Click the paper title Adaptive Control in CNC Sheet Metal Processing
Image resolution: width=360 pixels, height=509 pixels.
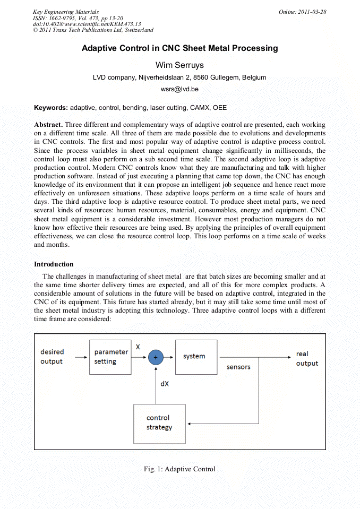click(x=179, y=48)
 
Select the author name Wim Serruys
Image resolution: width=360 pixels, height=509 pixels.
click(x=179, y=65)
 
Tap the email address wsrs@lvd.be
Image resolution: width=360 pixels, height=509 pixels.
click(x=179, y=89)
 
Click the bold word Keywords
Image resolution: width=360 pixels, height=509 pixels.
click(x=50, y=108)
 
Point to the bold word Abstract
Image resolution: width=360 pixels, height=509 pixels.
click(x=48, y=125)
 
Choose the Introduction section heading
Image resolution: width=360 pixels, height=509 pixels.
click(x=54, y=264)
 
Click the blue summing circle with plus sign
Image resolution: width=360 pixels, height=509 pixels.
click(x=156, y=358)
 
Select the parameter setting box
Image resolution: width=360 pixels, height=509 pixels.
click(x=110, y=357)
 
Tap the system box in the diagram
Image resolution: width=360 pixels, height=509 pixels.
click(x=196, y=357)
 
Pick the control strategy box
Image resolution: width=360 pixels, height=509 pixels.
click(x=159, y=423)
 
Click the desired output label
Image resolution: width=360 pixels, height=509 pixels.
click(x=52, y=357)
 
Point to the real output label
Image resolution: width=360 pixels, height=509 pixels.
click(x=307, y=358)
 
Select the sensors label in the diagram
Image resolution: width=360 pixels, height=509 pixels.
click(x=238, y=367)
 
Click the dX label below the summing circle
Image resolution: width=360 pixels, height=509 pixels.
click(x=165, y=383)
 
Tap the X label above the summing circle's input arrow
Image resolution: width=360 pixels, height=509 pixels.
click(x=138, y=347)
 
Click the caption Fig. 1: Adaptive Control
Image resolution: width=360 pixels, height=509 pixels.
click(x=179, y=469)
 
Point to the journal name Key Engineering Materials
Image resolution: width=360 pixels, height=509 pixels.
click(x=65, y=12)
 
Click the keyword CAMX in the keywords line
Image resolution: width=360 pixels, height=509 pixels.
click(x=199, y=108)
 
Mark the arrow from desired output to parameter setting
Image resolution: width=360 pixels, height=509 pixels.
click(x=81, y=357)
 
